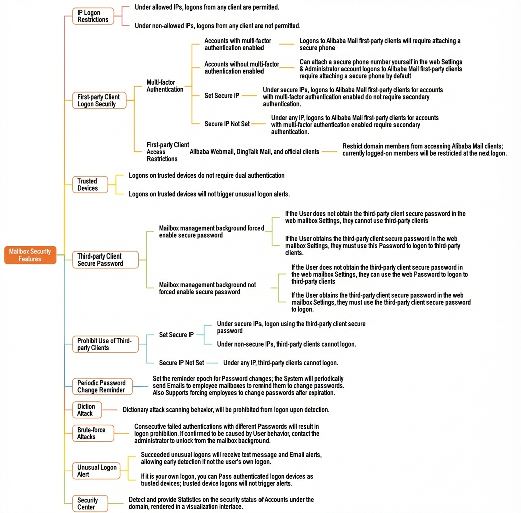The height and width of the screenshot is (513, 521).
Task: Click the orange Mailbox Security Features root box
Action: click(x=30, y=255)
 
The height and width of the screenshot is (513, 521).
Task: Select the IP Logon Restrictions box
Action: click(x=93, y=16)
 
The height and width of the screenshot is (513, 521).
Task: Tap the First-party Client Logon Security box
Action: click(x=99, y=100)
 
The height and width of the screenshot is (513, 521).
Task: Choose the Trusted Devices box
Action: click(x=90, y=185)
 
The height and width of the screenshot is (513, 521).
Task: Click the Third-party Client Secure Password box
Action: click(x=105, y=260)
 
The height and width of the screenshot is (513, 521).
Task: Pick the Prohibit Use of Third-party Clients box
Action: click(x=105, y=344)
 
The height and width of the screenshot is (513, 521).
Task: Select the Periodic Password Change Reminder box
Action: click(x=102, y=386)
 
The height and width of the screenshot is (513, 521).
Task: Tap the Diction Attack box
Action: click(x=87, y=410)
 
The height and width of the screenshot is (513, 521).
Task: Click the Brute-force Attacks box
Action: click(x=93, y=433)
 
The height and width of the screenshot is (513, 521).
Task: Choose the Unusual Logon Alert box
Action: click(x=96, y=471)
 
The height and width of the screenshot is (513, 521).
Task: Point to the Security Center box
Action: click(x=90, y=503)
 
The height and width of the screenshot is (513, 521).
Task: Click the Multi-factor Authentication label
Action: click(x=165, y=86)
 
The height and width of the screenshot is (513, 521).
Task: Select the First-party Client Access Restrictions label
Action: click(x=168, y=152)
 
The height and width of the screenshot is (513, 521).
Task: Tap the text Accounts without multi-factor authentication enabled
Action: click(x=241, y=68)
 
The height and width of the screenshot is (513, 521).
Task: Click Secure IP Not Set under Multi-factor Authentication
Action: click(x=227, y=124)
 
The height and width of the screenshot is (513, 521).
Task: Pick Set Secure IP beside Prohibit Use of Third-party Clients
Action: click(x=176, y=335)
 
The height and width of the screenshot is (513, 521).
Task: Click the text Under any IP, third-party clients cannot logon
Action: click(x=281, y=363)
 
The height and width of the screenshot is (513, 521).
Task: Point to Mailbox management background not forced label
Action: click(x=208, y=288)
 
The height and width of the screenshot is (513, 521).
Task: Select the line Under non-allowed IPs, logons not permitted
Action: click(x=217, y=26)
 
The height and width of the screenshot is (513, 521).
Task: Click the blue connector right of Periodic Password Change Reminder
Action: click(x=140, y=386)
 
